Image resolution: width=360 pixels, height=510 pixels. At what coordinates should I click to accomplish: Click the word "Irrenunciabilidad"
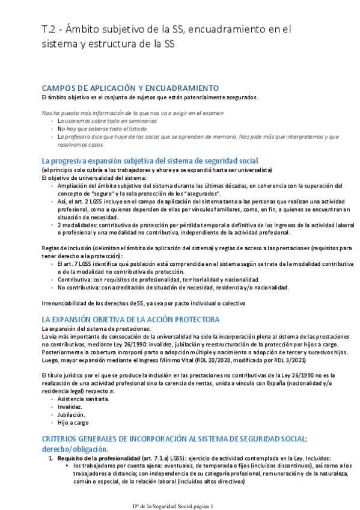66,303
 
